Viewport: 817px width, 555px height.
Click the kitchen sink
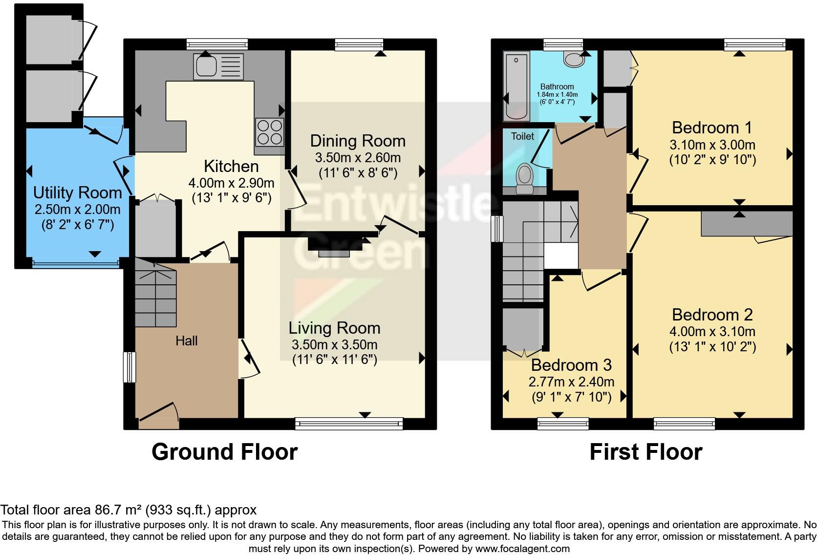tap(218, 66)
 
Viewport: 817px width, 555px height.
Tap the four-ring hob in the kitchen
tap(269, 132)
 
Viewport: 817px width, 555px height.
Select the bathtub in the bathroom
tap(516, 87)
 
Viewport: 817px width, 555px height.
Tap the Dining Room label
tap(358, 141)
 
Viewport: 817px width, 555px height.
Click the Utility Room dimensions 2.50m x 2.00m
tap(77, 210)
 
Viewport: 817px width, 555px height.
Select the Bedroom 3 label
tap(571, 365)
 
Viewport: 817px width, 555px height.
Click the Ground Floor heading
tap(224, 452)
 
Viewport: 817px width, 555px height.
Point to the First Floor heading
tap(645, 452)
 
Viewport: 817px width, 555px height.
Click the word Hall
tap(187, 341)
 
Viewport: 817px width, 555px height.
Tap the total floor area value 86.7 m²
tap(117, 510)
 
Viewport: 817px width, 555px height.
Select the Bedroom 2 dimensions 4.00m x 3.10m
tap(712, 332)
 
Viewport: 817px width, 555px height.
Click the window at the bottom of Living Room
tap(349, 423)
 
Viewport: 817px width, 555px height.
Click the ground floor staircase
tap(155, 293)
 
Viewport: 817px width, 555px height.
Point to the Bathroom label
tap(557, 86)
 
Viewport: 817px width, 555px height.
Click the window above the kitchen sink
tap(217, 44)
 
